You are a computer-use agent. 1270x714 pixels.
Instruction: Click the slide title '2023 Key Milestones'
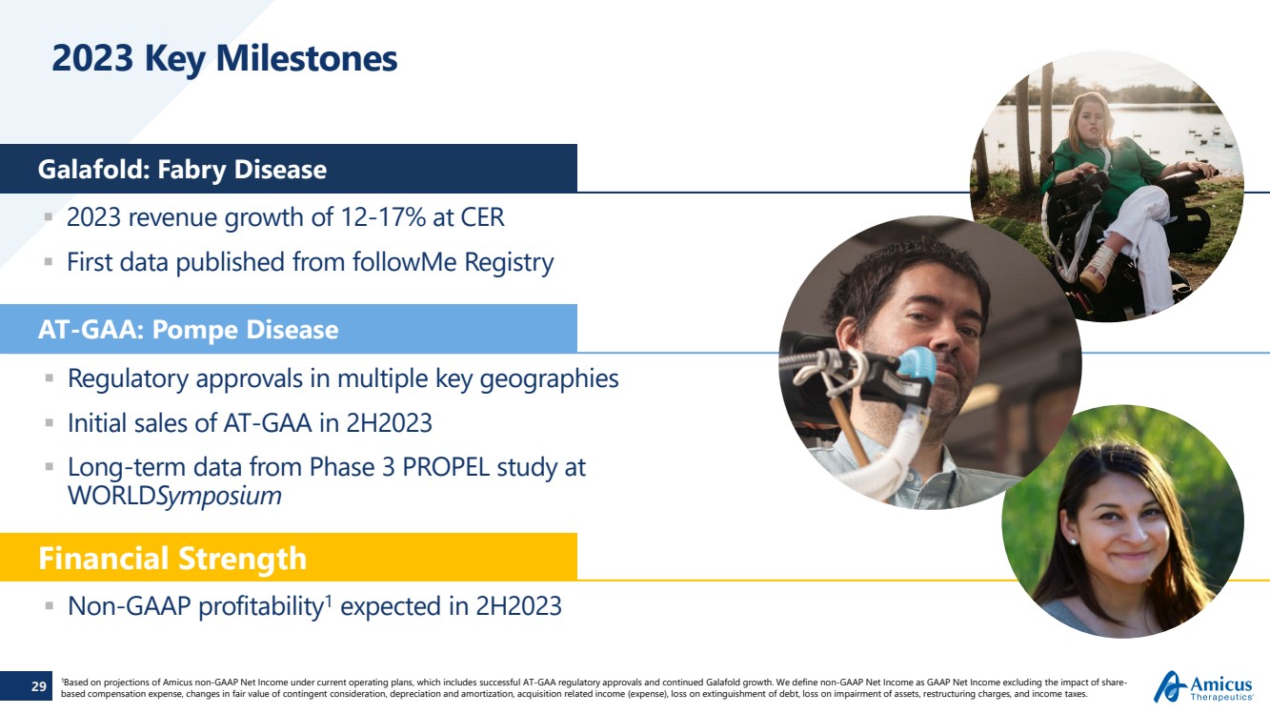pyautogui.click(x=225, y=59)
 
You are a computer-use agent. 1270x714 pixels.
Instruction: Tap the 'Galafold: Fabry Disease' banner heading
pyautogui.click(x=182, y=170)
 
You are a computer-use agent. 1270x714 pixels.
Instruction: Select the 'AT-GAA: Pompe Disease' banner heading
pyautogui.click(x=189, y=330)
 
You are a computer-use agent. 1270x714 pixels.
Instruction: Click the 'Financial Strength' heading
pyautogui.click(x=172, y=559)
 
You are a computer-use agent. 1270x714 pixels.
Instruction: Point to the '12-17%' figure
pyautogui.click(x=383, y=217)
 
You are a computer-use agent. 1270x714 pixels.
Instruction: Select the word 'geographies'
pyautogui.click(x=549, y=379)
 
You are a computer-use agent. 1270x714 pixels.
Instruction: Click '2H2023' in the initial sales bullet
pyautogui.click(x=389, y=423)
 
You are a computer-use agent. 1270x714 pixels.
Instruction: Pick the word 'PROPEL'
pyautogui.click(x=446, y=468)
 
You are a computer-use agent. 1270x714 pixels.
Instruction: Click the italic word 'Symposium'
pyautogui.click(x=219, y=497)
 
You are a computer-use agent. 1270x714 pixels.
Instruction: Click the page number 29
pyautogui.click(x=38, y=686)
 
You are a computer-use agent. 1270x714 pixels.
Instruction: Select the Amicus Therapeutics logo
pyautogui.click(x=1203, y=686)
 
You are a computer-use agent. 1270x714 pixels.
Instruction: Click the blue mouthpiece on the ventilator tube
pyautogui.click(x=917, y=365)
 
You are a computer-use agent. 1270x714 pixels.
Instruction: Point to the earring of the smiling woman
pyautogui.click(x=1073, y=541)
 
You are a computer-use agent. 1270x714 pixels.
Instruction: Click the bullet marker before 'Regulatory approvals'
pyautogui.click(x=50, y=378)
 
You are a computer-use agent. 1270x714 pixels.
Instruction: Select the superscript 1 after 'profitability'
pyautogui.click(x=327, y=600)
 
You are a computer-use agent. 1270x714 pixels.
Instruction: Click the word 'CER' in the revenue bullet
pyautogui.click(x=482, y=217)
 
